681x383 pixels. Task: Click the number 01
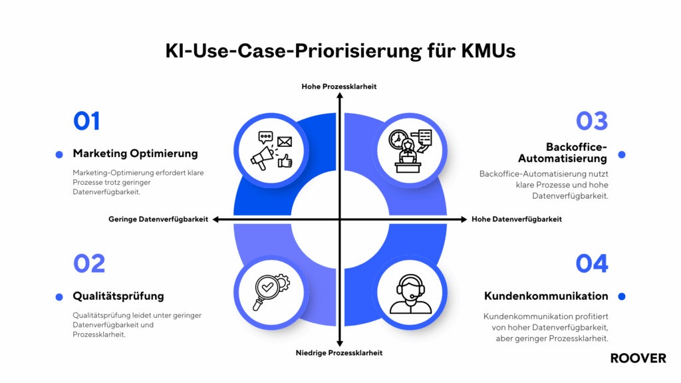point(86,121)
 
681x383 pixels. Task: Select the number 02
point(89,263)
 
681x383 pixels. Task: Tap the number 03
point(591,121)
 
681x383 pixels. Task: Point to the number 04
point(591,263)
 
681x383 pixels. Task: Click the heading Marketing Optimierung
point(135,154)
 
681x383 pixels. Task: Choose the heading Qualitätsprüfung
point(118,296)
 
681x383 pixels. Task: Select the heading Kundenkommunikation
point(546,296)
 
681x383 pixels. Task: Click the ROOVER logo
point(638,358)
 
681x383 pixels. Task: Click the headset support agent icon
point(410,293)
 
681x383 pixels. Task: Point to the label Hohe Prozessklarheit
point(339,86)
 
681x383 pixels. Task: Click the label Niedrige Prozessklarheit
point(339,353)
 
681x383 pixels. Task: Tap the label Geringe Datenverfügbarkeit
point(158,219)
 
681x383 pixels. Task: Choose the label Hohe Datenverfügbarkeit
point(517,219)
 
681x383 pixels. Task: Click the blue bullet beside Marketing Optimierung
point(59,154)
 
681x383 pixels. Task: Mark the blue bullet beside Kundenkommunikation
point(622,296)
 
